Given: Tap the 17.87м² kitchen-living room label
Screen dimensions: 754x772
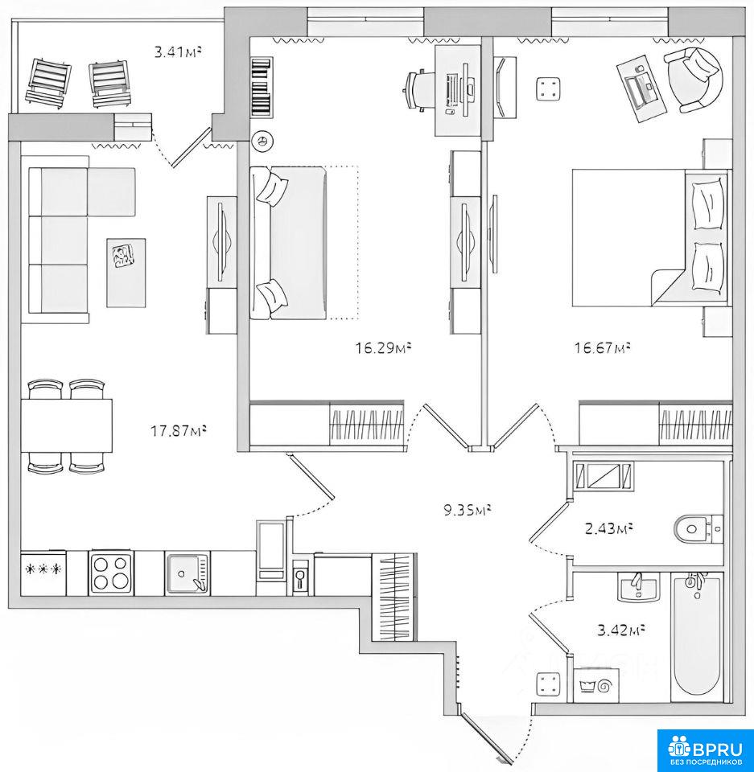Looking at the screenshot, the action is pyautogui.click(x=178, y=431).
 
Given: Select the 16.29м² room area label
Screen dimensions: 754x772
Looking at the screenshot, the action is pyautogui.click(x=383, y=348).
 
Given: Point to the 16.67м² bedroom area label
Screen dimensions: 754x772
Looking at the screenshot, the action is pyautogui.click(x=603, y=348).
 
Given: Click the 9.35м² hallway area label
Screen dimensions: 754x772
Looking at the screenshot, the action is pyautogui.click(x=468, y=510).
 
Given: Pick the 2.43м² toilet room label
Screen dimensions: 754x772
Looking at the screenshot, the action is pyautogui.click(x=608, y=529).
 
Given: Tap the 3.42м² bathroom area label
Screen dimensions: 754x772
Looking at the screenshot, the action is pyautogui.click(x=621, y=630).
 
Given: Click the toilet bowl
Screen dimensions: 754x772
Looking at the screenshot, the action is pyautogui.click(x=698, y=529).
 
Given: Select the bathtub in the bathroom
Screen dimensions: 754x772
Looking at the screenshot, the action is pyautogui.click(x=697, y=637).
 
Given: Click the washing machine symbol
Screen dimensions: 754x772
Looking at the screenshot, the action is pyautogui.click(x=597, y=685).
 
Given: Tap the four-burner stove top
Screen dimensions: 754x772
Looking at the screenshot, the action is pyautogui.click(x=111, y=573).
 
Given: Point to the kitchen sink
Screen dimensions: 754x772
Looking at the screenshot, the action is pyautogui.click(x=187, y=573).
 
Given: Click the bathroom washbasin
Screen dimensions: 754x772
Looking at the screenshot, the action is pyautogui.click(x=638, y=587).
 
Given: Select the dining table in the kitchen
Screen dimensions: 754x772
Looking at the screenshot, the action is pyautogui.click(x=67, y=425).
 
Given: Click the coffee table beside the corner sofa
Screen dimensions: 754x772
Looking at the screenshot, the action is pyautogui.click(x=126, y=273).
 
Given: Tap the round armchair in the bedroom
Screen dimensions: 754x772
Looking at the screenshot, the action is pyautogui.click(x=694, y=80).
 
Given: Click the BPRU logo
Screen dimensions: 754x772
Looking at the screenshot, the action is pyautogui.click(x=705, y=749).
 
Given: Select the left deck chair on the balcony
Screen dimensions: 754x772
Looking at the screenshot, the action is pyautogui.click(x=47, y=82).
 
